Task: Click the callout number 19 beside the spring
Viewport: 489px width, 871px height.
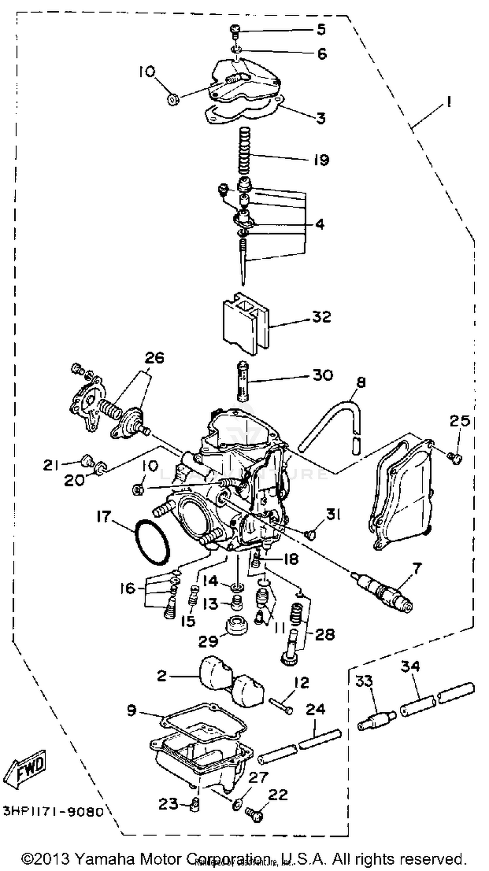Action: (321, 160)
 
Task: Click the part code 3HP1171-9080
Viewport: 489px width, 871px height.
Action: (53, 810)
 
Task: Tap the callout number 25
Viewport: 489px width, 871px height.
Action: (460, 421)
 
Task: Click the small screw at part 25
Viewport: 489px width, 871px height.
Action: (455, 458)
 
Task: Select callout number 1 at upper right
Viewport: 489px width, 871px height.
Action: (448, 101)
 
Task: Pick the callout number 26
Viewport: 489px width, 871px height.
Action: (154, 357)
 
